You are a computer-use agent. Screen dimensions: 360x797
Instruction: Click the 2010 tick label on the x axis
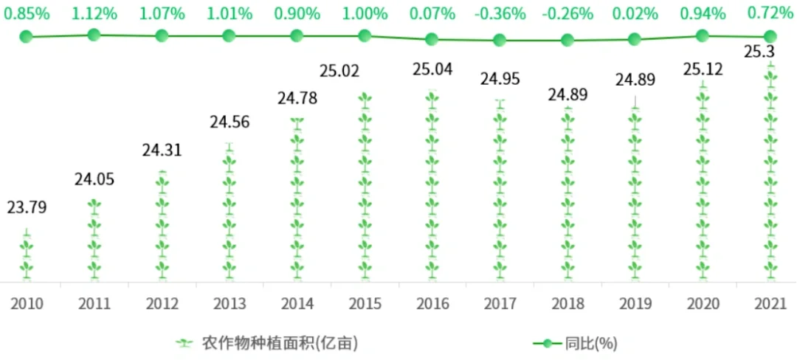27,303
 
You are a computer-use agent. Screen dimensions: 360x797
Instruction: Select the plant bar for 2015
365,188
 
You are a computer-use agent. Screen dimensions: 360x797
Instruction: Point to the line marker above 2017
500,41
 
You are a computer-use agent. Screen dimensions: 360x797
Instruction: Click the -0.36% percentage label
500,13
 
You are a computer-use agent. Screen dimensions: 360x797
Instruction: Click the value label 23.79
27,208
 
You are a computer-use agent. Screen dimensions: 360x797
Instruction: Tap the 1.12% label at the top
94,13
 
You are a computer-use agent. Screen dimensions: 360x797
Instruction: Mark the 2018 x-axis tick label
567,303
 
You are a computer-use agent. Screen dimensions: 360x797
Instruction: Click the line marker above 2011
94,34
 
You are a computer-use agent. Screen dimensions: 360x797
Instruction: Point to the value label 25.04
432,70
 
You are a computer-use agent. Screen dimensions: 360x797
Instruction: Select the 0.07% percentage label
432,13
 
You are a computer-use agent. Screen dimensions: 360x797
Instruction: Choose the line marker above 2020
703,35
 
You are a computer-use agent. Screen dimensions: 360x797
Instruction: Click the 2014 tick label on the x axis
297,303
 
